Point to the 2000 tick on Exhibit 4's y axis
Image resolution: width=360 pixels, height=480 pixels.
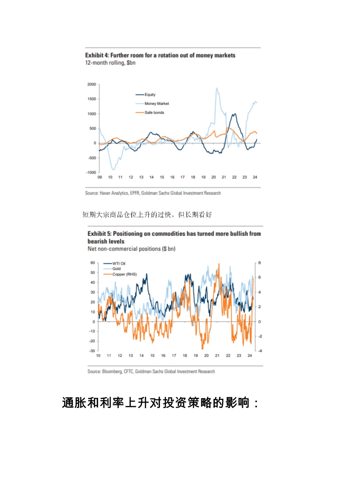92,84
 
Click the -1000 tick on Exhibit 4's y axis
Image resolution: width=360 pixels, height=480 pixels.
91,172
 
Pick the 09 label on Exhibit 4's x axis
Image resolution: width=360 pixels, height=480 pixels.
100,177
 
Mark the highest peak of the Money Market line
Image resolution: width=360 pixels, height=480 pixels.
217,88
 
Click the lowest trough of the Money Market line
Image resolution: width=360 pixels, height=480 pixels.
113,169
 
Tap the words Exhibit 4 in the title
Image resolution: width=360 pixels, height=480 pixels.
94,55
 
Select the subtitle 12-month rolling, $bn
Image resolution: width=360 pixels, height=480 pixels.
110,63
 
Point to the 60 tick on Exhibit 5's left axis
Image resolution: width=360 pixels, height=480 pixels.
93,263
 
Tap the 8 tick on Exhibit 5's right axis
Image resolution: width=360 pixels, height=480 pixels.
259,263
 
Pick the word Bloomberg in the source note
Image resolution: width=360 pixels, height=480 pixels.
112,372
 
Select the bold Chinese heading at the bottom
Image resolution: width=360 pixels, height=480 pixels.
160,403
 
